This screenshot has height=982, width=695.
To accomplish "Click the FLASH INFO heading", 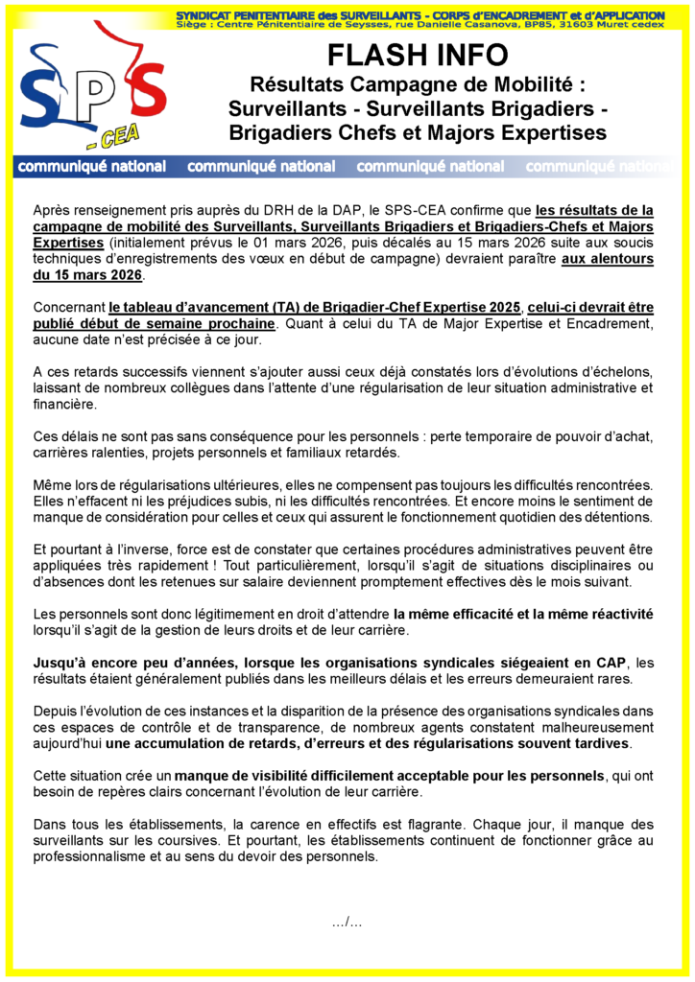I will [x=417, y=56].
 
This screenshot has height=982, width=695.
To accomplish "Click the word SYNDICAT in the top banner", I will [x=206, y=16].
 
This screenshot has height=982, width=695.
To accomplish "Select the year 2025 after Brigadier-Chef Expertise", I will [x=496, y=307].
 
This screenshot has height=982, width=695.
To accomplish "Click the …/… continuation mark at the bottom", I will [x=347, y=923].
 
